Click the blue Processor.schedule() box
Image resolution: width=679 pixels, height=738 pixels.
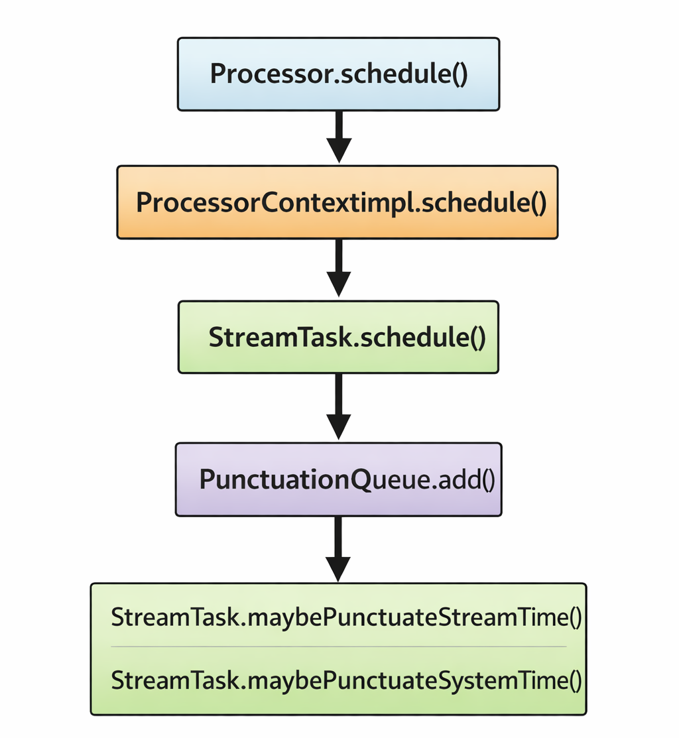click(338, 74)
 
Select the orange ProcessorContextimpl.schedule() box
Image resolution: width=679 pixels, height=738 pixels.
click(338, 202)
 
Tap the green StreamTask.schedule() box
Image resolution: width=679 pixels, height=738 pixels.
click(338, 337)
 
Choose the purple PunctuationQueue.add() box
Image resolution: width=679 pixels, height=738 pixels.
click(339, 479)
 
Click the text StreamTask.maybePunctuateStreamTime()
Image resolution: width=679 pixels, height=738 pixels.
click(346, 617)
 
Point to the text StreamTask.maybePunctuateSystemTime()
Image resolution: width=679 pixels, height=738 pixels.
click(346, 680)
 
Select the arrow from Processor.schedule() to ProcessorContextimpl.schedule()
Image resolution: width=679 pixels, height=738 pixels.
click(339, 137)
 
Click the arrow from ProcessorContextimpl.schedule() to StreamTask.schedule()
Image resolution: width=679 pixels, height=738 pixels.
click(339, 269)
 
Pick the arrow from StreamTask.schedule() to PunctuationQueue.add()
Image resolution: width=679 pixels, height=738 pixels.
click(339, 407)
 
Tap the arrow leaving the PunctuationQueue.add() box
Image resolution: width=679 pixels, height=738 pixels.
click(338, 549)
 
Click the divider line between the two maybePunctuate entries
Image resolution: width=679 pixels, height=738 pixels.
click(339, 646)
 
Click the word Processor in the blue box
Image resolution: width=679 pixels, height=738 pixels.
click(271, 74)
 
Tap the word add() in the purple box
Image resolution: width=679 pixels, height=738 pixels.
click(466, 479)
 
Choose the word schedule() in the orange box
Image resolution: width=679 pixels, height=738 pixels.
click(484, 202)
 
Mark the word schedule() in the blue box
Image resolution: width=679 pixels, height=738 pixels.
click(404, 74)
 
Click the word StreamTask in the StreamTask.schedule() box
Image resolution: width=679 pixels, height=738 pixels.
click(280, 337)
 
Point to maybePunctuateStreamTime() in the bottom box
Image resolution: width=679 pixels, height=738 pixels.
click(414, 618)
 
